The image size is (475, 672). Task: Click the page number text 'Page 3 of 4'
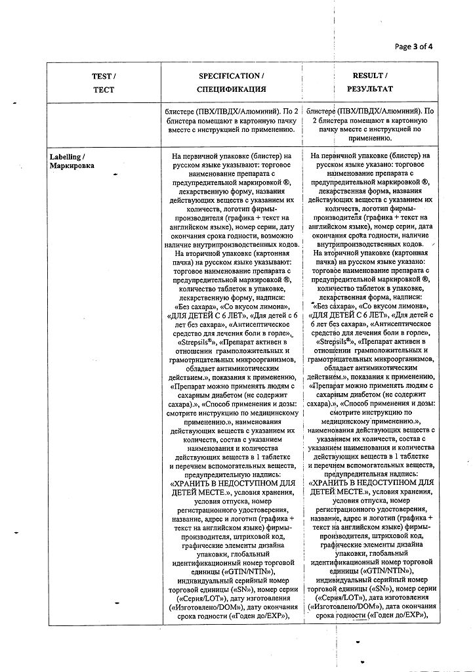[x=414, y=46]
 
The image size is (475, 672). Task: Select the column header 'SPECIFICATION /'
[x=232, y=76]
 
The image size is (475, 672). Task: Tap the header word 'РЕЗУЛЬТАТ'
[x=371, y=89]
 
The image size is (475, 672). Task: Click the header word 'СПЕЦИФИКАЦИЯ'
[x=232, y=89]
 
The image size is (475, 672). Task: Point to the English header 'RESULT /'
[x=371, y=76]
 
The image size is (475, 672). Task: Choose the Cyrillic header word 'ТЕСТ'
[x=104, y=89]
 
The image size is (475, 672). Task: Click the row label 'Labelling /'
[x=68, y=156]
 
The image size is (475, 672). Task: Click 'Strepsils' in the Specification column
[x=194, y=342]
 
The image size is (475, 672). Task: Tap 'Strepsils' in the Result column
[x=333, y=342]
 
